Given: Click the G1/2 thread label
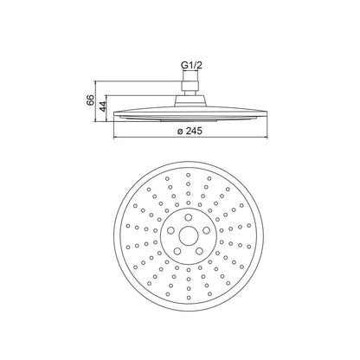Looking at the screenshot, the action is (x=191, y=66).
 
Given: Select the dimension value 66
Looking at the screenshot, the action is (x=91, y=100).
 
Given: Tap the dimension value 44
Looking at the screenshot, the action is (x=103, y=106).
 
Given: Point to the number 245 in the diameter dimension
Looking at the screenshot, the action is (x=194, y=131).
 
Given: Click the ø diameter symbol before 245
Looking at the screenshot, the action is (x=180, y=132).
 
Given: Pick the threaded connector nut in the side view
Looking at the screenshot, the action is (x=190, y=86).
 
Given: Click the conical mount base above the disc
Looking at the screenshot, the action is (x=190, y=101).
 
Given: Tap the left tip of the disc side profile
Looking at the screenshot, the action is (x=114, y=113).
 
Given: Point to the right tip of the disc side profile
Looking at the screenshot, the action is (x=267, y=113).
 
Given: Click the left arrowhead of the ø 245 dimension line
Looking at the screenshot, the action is (x=116, y=138).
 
